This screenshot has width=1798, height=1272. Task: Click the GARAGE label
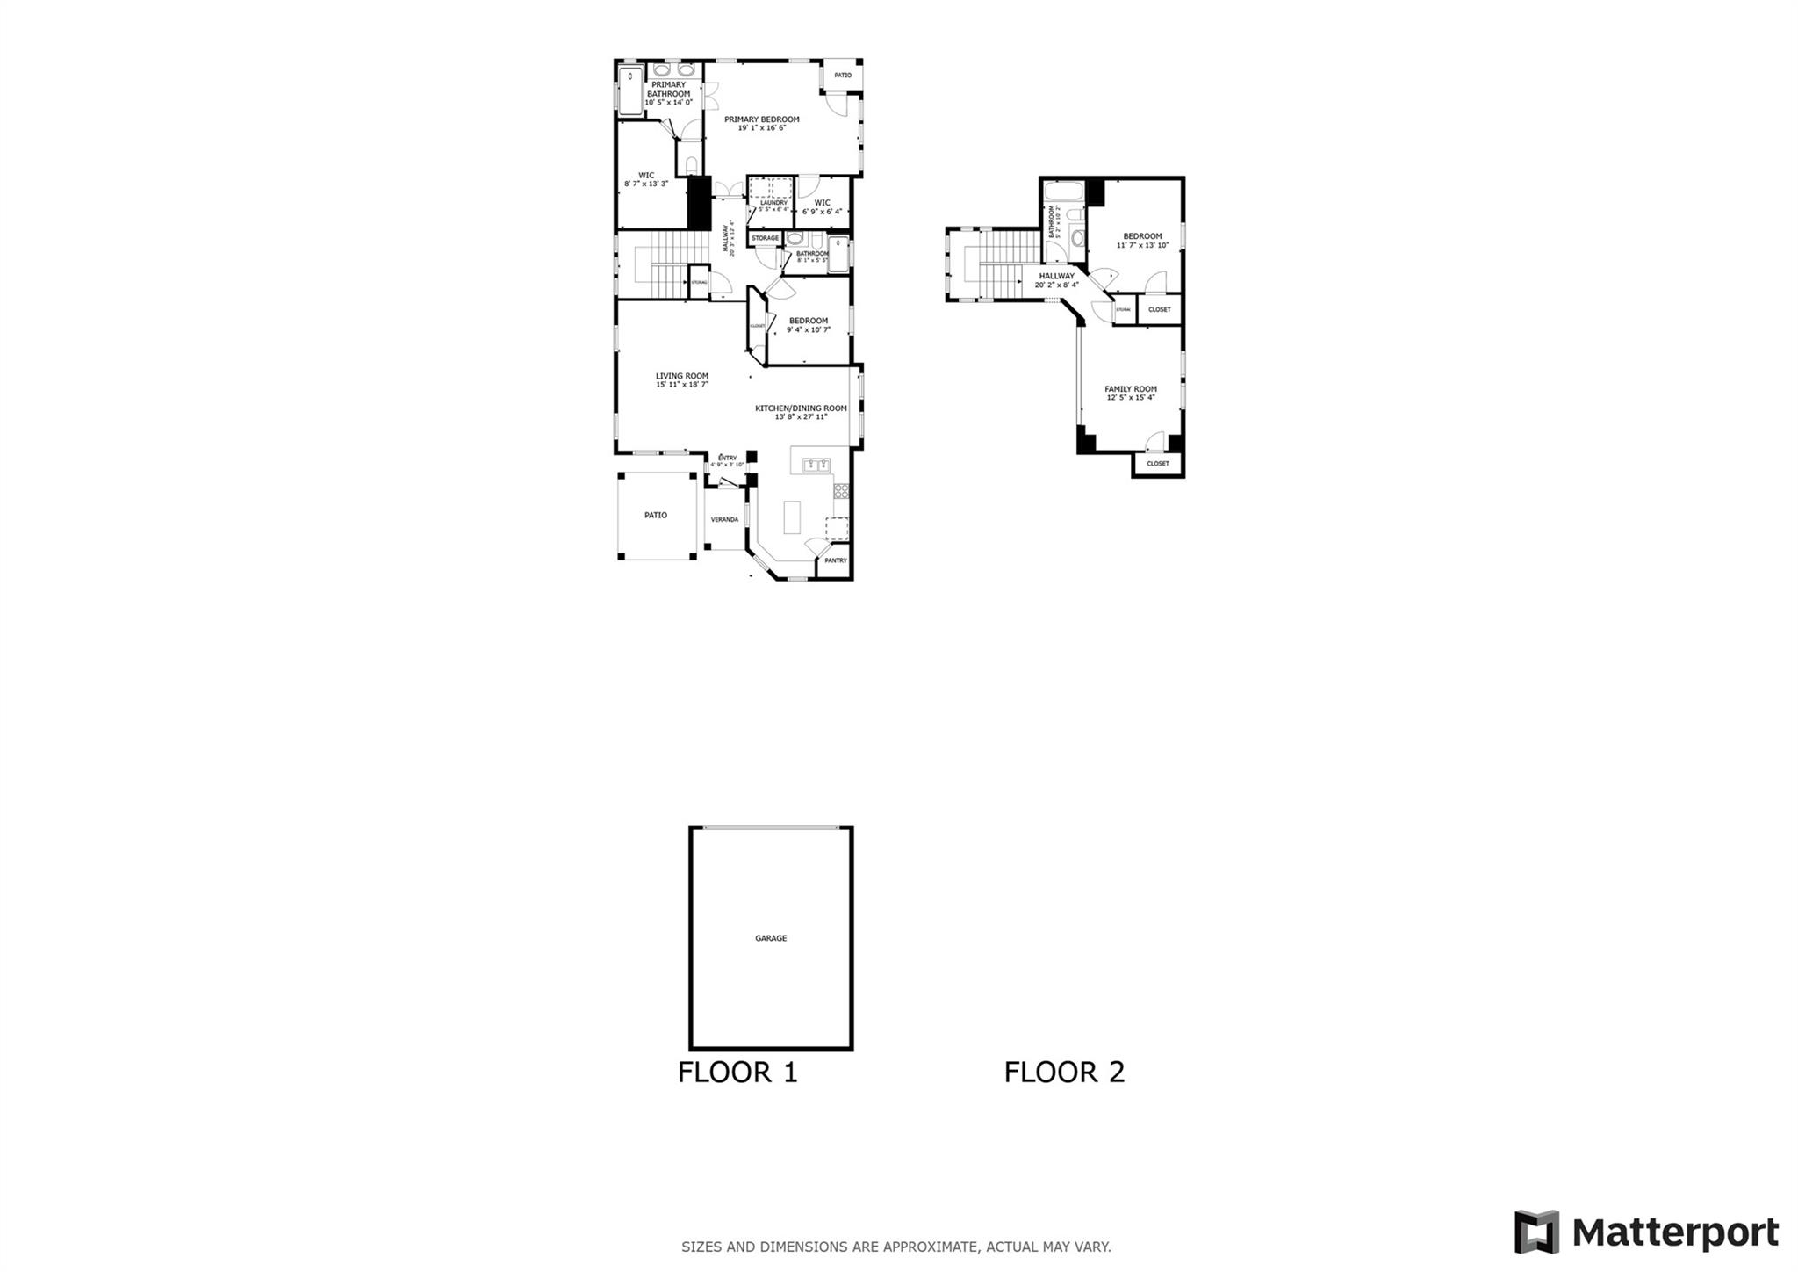coord(771,938)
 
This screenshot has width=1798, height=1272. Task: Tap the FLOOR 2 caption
coord(1064,1073)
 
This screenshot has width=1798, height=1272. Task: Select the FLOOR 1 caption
coord(737,1073)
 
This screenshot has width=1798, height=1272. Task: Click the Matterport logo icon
coord(1536,1232)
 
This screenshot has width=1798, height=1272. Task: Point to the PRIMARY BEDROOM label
coord(761,119)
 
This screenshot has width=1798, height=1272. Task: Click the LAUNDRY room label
coord(773,203)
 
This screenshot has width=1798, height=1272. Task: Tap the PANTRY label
coord(835,560)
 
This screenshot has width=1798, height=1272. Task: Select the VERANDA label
coord(724,519)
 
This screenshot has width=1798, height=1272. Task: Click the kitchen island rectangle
coord(792,517)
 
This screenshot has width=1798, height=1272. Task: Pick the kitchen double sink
coord(816,465)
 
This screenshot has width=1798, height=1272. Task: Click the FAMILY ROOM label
coord(1130,389)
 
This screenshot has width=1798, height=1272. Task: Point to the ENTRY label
coord(727,458)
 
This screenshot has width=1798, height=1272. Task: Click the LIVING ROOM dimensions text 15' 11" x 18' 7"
coord(681,385)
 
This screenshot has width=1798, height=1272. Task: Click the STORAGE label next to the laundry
coord(765,238)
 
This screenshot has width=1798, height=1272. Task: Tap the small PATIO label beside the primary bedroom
coord(843,76)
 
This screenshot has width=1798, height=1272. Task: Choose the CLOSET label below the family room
coord(1157,464)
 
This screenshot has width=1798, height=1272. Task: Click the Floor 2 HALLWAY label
coord(1056,276)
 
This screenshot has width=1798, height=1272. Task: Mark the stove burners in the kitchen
coord(841,491)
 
